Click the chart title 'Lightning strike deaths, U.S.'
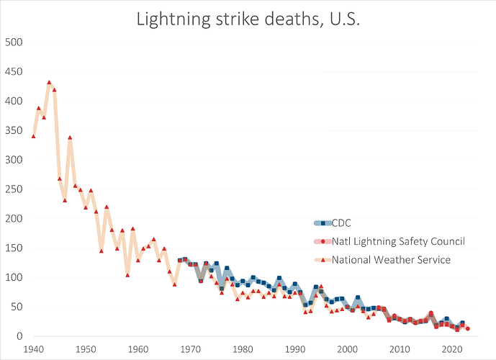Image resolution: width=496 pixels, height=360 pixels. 248,20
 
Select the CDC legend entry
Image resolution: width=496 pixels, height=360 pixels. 342,222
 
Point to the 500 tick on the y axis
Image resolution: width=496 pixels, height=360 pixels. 15,42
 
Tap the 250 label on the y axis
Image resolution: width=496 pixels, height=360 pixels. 15,189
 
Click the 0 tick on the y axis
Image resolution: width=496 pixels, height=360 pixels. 21,336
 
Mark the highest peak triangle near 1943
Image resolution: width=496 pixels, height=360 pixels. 49,82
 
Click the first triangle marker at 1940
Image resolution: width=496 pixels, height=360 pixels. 33,136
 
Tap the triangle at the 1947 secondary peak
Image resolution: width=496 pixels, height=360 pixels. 70,138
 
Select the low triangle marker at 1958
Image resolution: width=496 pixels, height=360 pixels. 127,275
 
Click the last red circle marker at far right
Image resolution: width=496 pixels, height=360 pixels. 468,329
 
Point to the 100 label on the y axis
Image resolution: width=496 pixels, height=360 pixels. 15,277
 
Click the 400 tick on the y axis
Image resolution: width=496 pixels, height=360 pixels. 15,101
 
